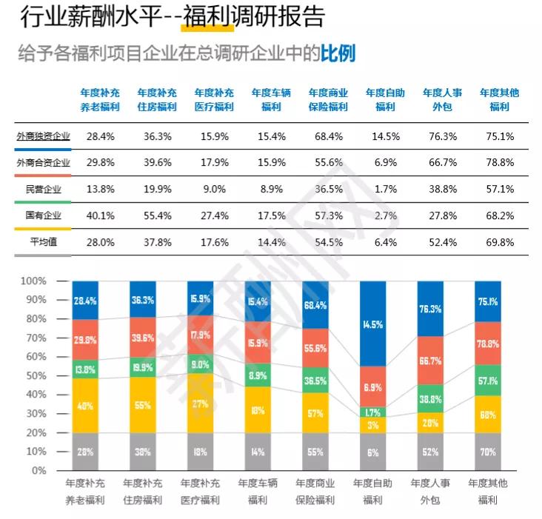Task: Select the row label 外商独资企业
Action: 42,136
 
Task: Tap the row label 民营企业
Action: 42,189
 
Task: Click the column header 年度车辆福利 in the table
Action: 271,99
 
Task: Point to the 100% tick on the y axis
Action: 33,281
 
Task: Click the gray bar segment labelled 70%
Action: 487,450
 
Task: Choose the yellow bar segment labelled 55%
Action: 143,405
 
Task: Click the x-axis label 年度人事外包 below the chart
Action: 430,491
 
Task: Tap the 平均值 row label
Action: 42,241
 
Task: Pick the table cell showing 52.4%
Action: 442,241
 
